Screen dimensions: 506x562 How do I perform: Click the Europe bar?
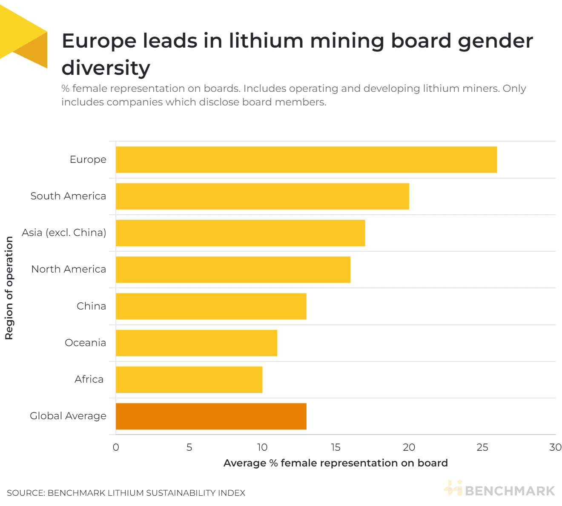coord(306,159)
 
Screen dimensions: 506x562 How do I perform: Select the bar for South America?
coord(262,196)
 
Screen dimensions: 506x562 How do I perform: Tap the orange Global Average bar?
coord(211,416)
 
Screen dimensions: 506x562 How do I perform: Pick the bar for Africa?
coord(189,380)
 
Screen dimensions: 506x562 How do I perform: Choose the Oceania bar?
coord(196,343)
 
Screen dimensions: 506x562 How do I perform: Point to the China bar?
coord(211,306)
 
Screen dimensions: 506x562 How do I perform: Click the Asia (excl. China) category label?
coord(64,233)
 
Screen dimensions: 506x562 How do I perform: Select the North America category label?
coord(69,269)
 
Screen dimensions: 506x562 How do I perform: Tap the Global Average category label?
coord(68,416)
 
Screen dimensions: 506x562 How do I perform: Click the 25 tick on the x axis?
coord(482,447)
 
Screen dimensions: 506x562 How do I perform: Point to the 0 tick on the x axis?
coord(116,447)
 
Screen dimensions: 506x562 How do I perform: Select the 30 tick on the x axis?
coord(555,447)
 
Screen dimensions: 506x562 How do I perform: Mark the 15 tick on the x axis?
coord(335,447)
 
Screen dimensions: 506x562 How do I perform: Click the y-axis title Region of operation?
coord(9,288)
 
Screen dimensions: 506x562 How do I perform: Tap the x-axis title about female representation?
coord(335,463)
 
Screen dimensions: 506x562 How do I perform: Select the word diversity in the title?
coord(106,68)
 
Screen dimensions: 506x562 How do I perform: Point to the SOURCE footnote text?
coord(126,493)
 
